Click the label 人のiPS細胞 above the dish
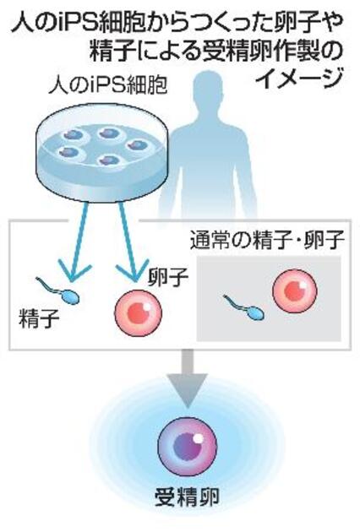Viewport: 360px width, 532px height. [107, 85]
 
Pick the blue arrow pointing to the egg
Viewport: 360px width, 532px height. [130, 241]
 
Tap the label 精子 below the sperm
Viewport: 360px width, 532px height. [39, 318]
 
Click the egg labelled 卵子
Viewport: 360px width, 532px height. [138, 312]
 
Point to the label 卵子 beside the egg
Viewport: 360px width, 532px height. [168, 277]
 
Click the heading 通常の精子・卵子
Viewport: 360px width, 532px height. [267, 240]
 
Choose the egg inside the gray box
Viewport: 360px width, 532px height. [295, 291]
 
